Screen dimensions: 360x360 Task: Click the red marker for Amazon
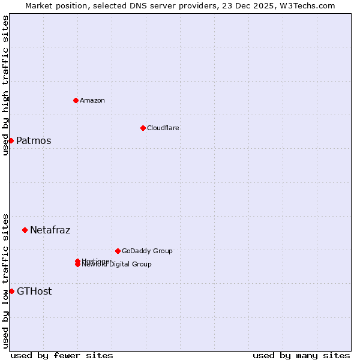76,100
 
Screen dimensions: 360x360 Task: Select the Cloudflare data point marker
143,128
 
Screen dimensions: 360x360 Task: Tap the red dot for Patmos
11,140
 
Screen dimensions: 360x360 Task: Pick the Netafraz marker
25,230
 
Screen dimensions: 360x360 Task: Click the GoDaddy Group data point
118,251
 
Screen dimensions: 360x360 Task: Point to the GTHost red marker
11,291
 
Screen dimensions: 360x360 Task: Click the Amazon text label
92,100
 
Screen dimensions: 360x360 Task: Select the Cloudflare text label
163,128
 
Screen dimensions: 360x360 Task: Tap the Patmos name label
34,140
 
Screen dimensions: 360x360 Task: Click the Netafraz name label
50,230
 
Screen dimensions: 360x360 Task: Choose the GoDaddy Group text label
147,251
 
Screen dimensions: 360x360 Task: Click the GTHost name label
34,291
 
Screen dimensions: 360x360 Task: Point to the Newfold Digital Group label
117,265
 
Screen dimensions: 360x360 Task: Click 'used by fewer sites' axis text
62,355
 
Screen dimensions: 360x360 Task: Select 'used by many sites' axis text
301,355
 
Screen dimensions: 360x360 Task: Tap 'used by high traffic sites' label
5,85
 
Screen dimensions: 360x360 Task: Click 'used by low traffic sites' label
5,280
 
